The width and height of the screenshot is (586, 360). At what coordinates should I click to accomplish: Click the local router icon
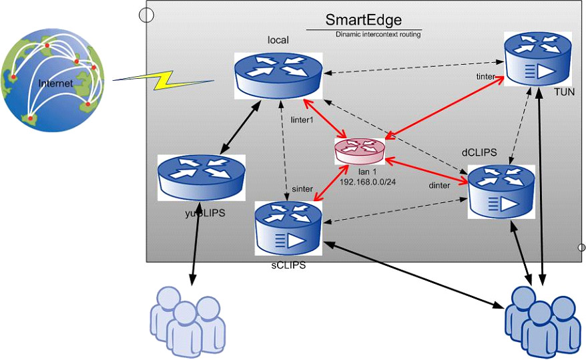[278, 73]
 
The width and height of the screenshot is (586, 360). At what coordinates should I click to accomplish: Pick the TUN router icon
[538, 61]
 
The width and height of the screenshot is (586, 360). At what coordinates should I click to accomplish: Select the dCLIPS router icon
[501, 190]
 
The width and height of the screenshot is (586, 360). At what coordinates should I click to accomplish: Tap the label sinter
[302, 189]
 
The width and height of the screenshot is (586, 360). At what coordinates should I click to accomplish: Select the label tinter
[485, 77]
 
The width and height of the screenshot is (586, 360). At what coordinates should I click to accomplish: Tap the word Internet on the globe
[51, 83]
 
